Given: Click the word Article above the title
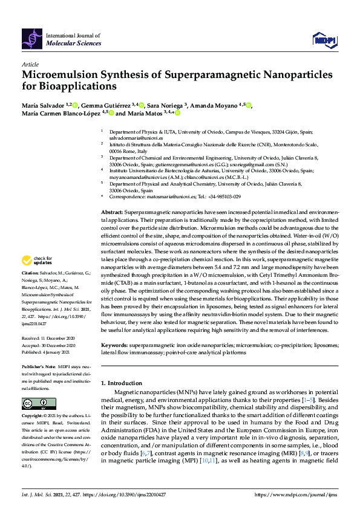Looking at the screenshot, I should [30, 63].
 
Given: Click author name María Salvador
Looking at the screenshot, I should [41, 106].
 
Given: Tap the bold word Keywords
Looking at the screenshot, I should [114, 345].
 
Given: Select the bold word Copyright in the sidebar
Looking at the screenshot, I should [32, 417].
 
